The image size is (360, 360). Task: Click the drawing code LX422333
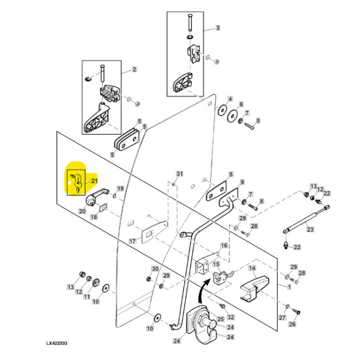[x=57, y=344]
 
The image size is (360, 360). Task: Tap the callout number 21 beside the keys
[x=94, y=181]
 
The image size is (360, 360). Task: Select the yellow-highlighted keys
[x=76, y=183]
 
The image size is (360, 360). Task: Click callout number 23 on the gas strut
[x=310, y=229]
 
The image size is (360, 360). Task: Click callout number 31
[x=179, y=174]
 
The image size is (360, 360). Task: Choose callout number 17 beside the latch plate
[x=133, y=241]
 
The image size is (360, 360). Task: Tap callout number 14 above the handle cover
[x=252, y=268]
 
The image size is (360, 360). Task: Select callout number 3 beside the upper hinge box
[x=218, y=28]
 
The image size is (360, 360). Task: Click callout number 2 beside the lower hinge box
[x=134, y=69]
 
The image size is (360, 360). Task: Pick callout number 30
[x=155, y=268]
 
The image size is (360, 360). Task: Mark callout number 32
[x=230, y=317]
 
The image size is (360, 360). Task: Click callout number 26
[x=292, y=324]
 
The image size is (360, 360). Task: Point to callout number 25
[x=221, y=319]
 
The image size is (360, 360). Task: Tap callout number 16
[x=224, y=245]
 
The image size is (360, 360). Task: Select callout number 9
[x=242, y=182]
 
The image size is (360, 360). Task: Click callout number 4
[x=230, y=99]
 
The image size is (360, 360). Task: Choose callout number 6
[x=241, y=104]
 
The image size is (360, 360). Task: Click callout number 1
[x=289, y=287]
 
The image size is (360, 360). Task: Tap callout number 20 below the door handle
[x=82, y=211]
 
